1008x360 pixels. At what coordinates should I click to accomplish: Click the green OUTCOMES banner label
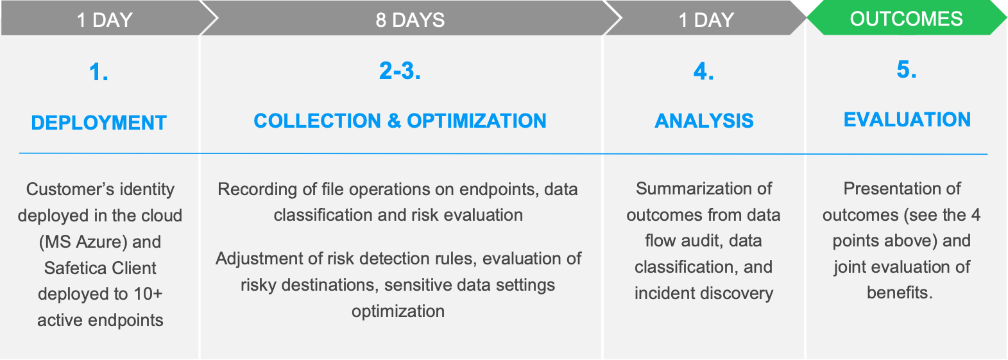click(x=906, y=19)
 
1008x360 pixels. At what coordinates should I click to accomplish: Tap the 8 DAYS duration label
click(x=410, y=21)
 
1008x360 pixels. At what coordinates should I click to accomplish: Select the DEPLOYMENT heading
click(x=99, y=123)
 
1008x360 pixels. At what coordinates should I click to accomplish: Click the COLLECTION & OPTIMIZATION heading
click(x=400, y=121)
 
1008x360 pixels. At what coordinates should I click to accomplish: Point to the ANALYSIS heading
click(x=704, y=121)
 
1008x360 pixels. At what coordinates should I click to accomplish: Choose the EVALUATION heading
click(x=907, y=120)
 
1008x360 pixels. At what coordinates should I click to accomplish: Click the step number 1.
click(x=99, y=72)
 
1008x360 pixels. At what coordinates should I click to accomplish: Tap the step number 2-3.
click(x=400, y=71)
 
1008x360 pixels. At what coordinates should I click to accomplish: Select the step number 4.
click(x=704, y=71)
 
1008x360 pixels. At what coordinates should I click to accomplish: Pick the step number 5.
click(x=907, y=70)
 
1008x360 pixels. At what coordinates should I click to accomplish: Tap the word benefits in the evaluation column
click(x=899, y=293)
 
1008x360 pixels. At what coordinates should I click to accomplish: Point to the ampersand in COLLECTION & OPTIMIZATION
click(x=394, y=121)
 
